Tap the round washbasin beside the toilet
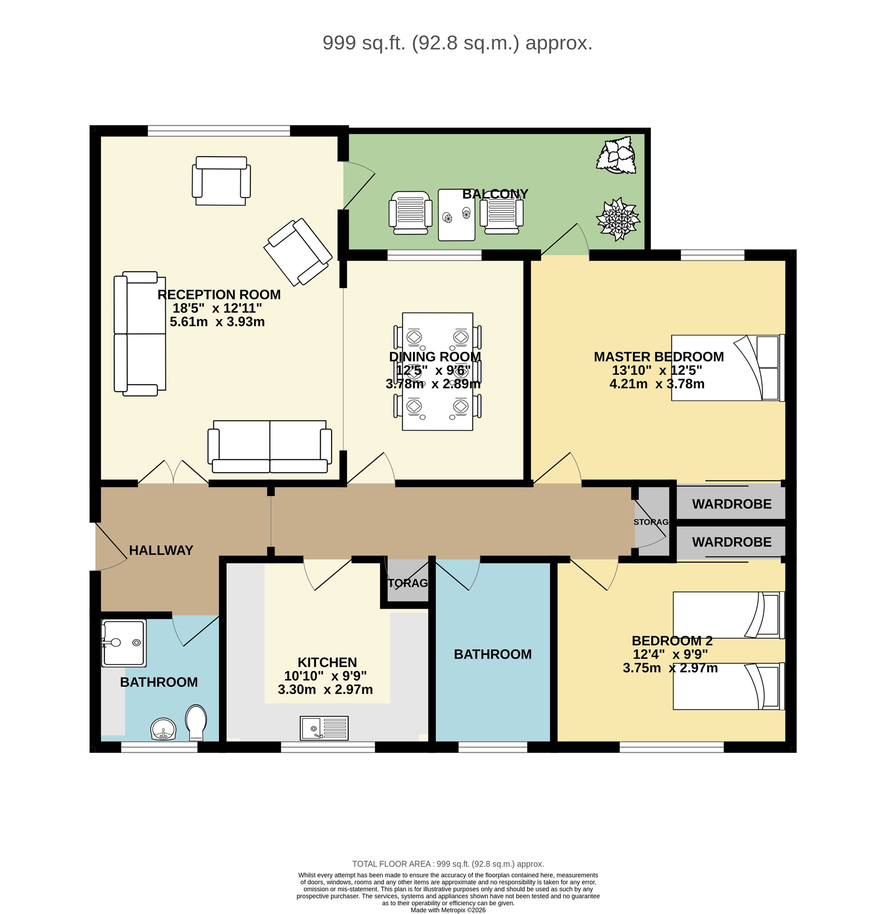[163, 729]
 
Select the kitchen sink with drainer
[324, 728]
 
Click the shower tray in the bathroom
[124, 643]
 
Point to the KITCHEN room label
[327, 662]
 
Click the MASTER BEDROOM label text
[658, 357]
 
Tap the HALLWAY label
[161, 550]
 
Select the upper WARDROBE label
[731, 504]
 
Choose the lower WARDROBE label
[731, 542]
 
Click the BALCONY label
[495, 194]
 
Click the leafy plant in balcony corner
[617, 155]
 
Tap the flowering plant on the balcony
[618, 219]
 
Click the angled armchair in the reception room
[297, 252]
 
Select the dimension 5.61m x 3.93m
[217, 322]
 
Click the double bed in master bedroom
[728, 368]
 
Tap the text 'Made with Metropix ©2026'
[448, 910]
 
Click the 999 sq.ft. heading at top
[457, 43]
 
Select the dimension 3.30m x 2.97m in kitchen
[325, 689]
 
